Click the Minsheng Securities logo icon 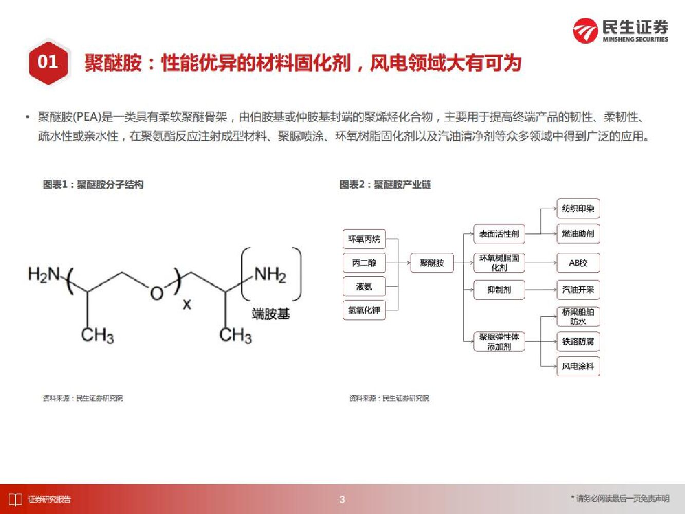[585, 30]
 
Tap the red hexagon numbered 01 [48, 62]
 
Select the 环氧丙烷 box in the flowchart [364, 239]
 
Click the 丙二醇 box [364, 263]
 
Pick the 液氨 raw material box [364, 286]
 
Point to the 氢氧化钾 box [364, 310]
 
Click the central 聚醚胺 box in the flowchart [432, 263]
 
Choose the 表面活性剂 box [499, 234]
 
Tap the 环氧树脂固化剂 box [499, 263]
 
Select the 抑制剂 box [499, 289]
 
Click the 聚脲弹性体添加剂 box [499, 341]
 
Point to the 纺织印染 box [578, 209]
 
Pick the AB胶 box [578, 263]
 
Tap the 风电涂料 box [578, 366]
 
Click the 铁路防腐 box [578, 341]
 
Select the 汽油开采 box [578, 289]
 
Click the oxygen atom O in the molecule [156, 293]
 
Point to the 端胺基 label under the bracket [271, 313]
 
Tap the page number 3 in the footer [342, 499]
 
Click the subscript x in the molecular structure [187, 304]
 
